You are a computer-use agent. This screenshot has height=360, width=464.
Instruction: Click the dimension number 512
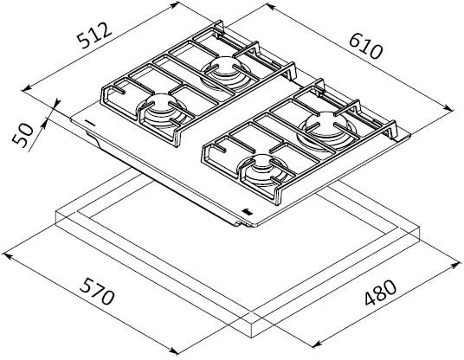point(94,35)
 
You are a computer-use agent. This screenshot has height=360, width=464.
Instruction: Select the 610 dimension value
point(366,46)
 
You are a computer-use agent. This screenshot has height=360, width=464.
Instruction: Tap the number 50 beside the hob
point(23,135)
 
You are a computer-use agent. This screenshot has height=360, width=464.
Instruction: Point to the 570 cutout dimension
point(97,291)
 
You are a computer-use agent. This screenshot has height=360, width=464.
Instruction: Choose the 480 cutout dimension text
point(381,292)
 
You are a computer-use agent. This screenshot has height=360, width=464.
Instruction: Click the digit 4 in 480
point(371,299)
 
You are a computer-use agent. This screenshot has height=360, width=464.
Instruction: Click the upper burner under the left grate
point(226,72)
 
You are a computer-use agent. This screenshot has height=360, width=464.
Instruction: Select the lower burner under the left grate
point(162,112)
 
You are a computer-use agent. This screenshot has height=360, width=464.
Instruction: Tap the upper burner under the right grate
point(325,128)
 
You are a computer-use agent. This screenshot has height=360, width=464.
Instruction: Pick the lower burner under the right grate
point(263,169)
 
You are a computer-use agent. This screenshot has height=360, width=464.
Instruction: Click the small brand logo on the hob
point(246,211)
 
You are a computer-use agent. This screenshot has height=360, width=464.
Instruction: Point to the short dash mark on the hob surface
point(89,122)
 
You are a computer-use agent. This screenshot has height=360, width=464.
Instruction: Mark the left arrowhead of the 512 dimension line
point(26,88)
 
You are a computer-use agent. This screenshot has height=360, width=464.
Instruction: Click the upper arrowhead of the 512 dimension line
point(175,4)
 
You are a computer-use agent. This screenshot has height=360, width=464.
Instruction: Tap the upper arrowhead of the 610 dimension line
point(270,7)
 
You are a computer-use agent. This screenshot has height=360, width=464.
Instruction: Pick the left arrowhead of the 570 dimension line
point(7,255)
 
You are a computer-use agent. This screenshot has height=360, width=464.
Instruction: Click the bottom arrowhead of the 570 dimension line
point(174,350)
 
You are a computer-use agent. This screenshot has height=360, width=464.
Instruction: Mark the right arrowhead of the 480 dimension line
point(456,265)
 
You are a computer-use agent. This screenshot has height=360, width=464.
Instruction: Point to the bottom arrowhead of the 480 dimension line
point(317,344)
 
